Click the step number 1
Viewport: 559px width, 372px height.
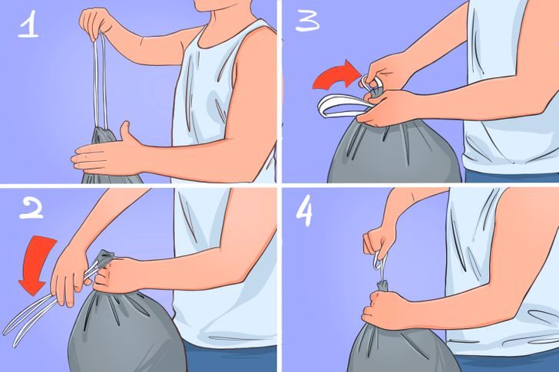coord(28,25)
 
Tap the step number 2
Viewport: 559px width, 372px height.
coord(31,208)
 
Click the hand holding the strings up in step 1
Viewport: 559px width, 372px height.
coord(96,23)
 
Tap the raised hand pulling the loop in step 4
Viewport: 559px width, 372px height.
coord(379,242)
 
